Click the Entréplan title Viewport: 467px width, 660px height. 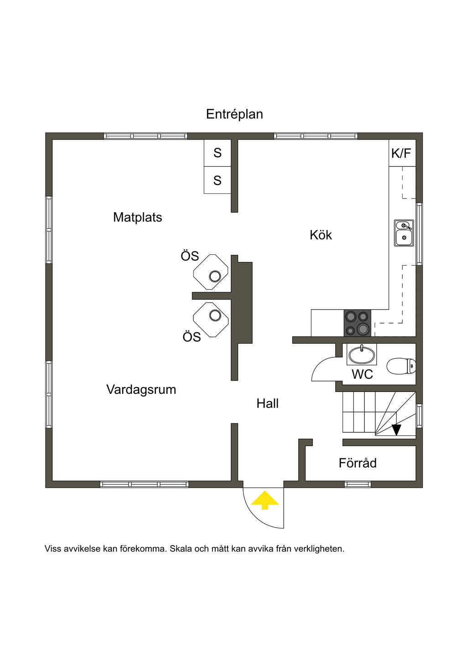[234, 114]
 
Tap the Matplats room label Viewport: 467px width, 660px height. [138, 217]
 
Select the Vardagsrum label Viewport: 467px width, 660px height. [141, 390]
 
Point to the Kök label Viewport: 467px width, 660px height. [321, 235]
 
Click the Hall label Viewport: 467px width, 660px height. [267, 403]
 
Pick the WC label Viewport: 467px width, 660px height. [363, 374]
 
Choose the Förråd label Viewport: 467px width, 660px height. [358, 463]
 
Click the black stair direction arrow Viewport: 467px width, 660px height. [396, 429]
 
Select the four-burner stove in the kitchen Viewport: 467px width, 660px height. [358, 323]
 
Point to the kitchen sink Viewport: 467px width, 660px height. [404, 233]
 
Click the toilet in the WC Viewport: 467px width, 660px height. [401, 366]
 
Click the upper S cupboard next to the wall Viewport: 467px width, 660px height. [217, 153]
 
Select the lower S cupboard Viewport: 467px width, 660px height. [217, 180]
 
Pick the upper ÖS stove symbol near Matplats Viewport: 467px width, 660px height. [211, 272]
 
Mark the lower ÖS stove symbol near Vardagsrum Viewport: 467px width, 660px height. [211, 320]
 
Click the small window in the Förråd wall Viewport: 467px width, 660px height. [358, 484]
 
